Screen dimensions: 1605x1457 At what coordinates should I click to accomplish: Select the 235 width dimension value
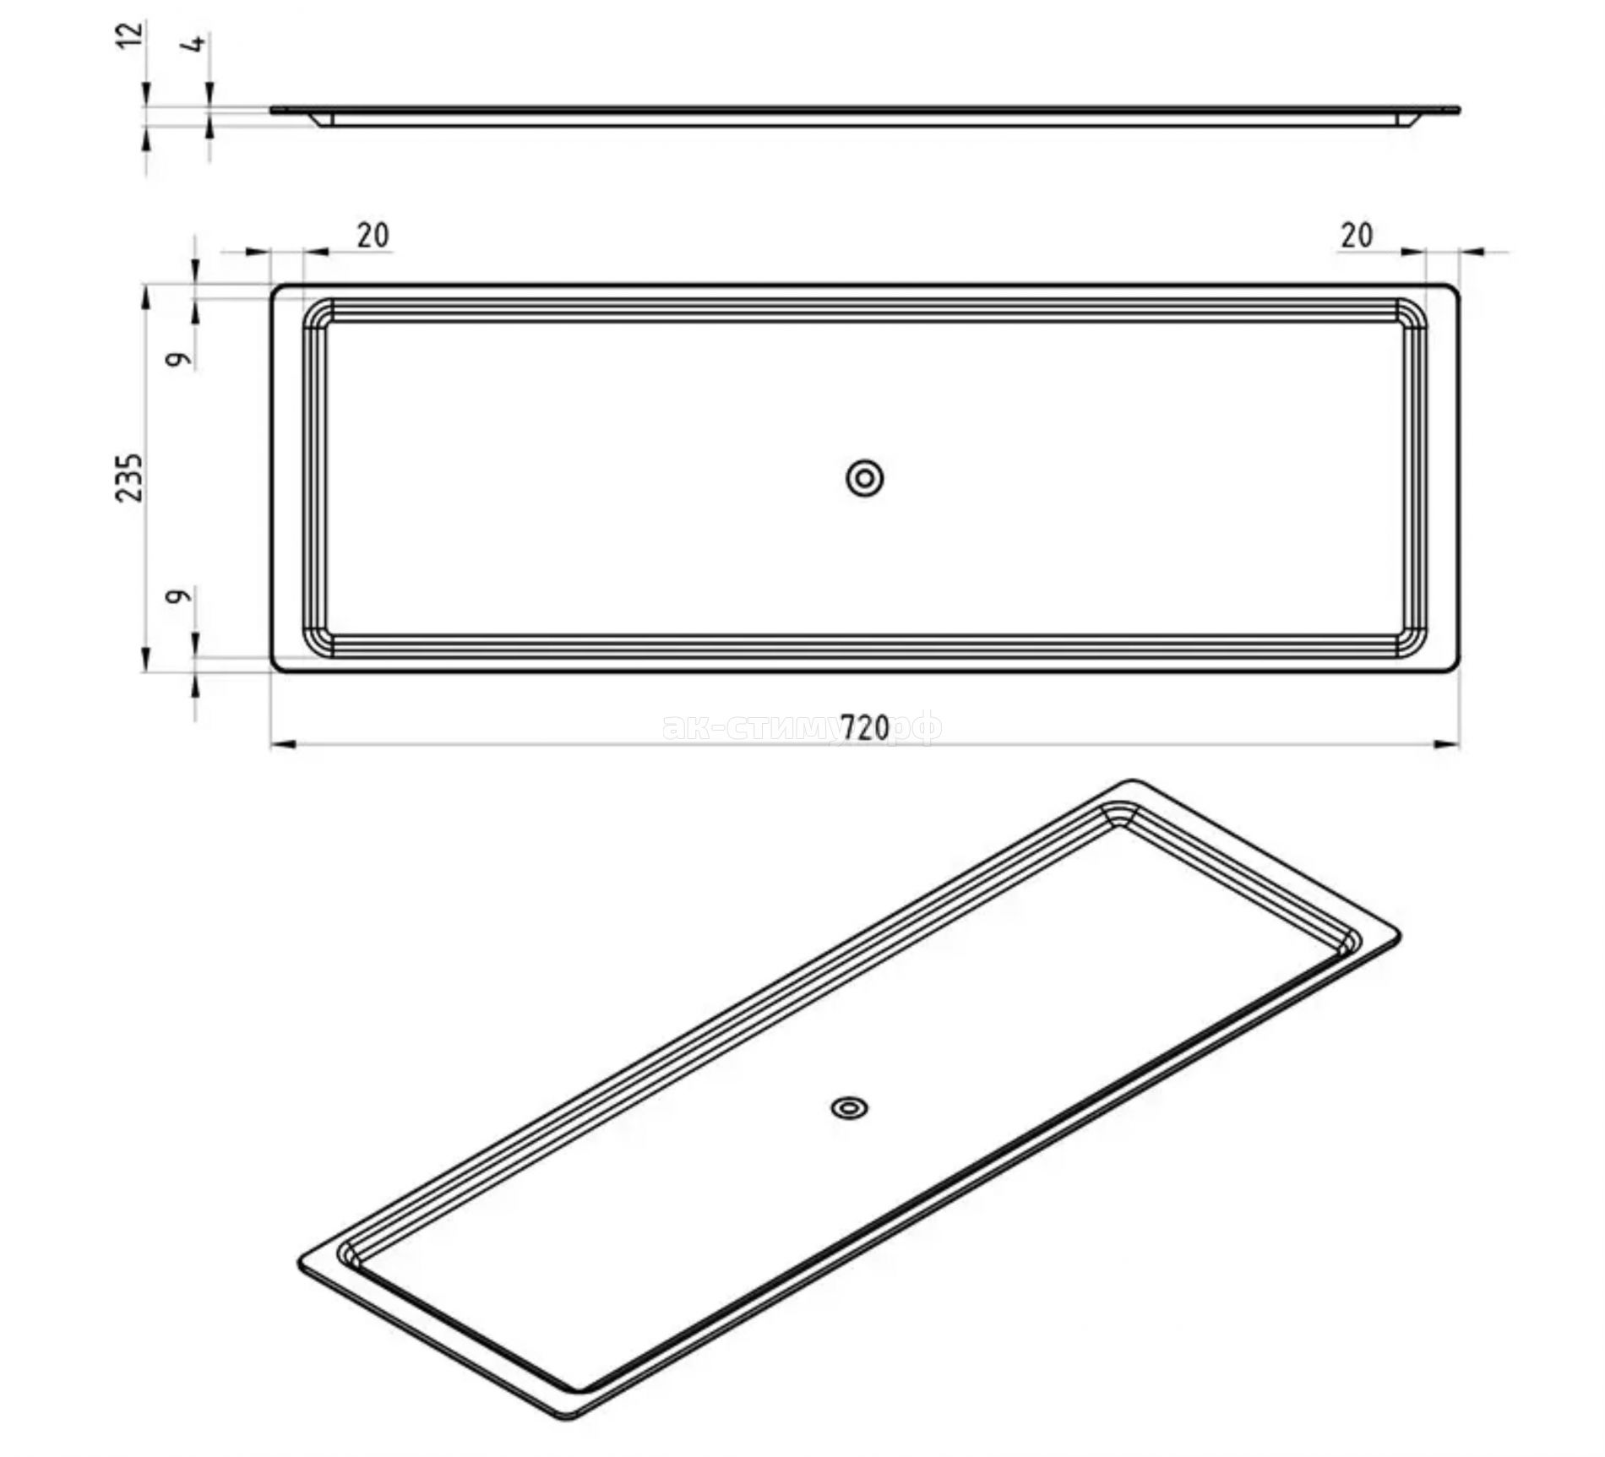click(x=130, y=478)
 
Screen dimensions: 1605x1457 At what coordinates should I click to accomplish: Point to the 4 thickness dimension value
click(x=197, y=43)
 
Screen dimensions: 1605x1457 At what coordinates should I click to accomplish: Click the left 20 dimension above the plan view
click(x=373, y=235)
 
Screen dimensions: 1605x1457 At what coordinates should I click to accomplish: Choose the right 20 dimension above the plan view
click(x=1357, y=235)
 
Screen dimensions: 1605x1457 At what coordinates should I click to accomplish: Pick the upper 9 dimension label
click(x=178, y=359)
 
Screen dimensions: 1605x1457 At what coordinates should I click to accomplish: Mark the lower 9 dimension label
click(x=178, y=596)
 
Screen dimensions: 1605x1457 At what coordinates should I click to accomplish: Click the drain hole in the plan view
click(x=865, y=478)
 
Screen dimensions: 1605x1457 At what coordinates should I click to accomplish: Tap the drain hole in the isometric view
click(x=851, y=1107)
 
